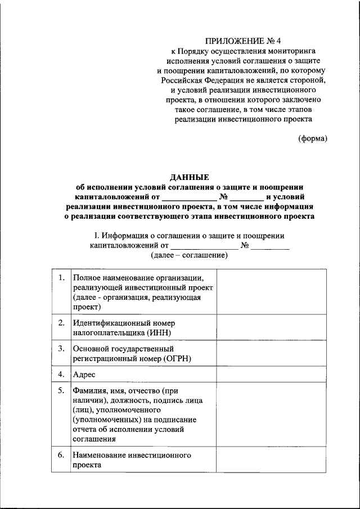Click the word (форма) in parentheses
(x=312, y=138)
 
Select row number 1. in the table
(x=61, y=278)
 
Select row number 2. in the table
(x=61, y=323)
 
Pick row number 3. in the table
(x=61, y=349)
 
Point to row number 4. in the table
(x=61, y=374)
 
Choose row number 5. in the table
(x=61, y=390)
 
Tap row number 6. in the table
(x=61, y=454)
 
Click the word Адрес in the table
(x=84, y=374)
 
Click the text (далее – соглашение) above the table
(x=189, y=255)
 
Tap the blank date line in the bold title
(x=189, y=197)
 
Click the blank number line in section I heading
(x=270, y=246)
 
